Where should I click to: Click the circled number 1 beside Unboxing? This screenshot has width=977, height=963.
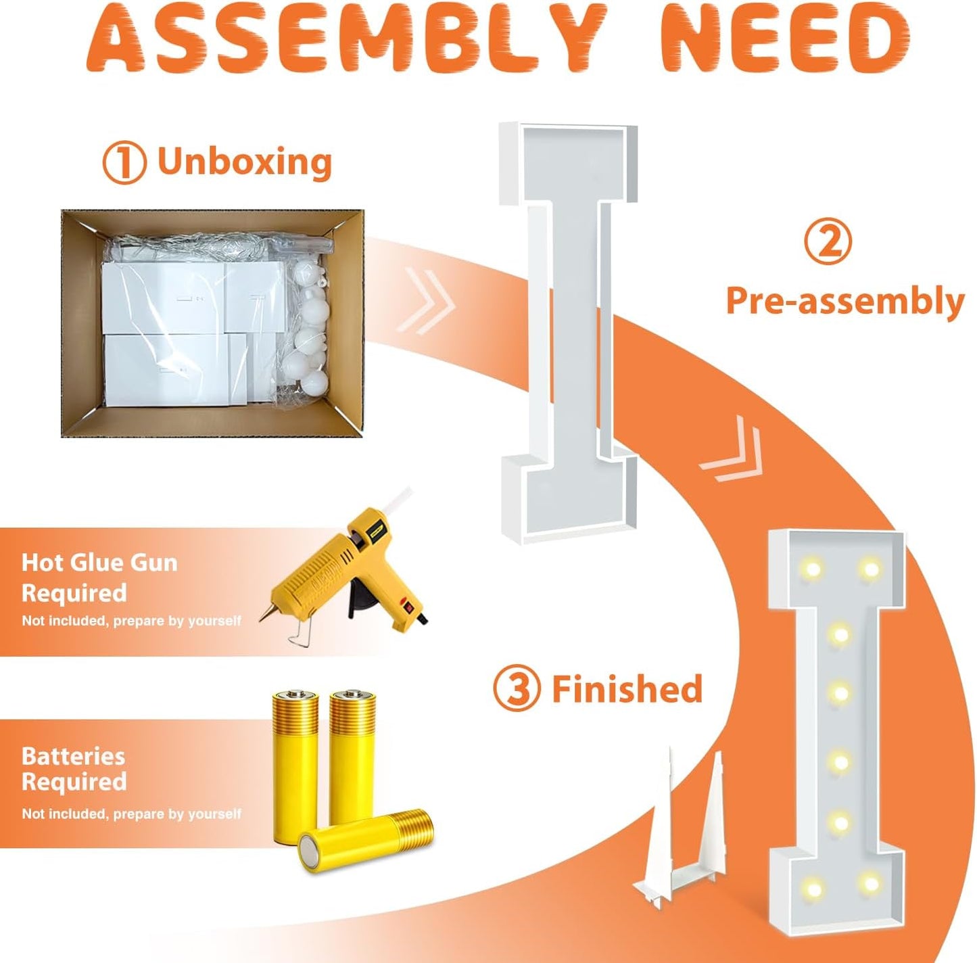(x=124, y=163)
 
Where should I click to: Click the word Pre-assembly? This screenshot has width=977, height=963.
(x=844, y=302)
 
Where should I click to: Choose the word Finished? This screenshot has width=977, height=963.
(x=627, y=688)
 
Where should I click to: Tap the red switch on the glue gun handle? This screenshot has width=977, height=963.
(x=406, y=605)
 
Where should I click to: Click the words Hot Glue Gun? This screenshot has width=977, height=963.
(x=100, y=563)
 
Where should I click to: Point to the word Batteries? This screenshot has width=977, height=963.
(x=73, y=757)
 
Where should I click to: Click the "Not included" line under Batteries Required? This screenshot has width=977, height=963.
(x=131, y=814)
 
